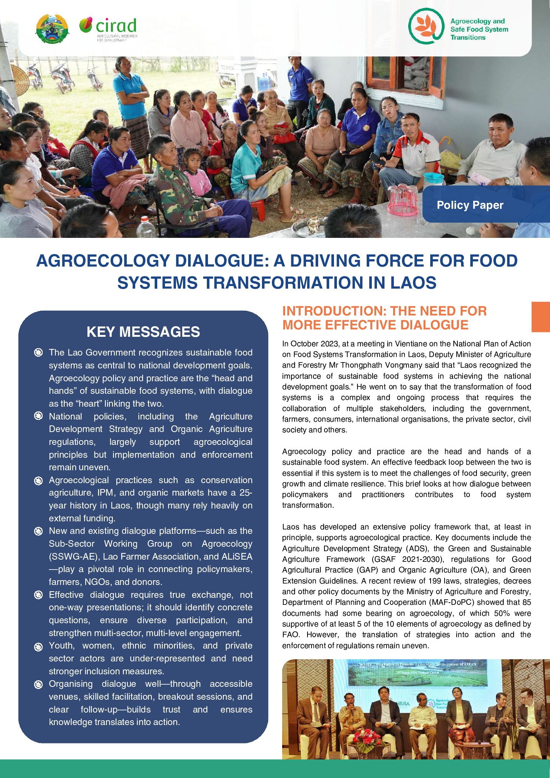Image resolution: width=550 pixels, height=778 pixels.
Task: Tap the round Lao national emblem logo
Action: coord(52,29)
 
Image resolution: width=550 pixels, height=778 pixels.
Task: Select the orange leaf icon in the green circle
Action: coord(425,26)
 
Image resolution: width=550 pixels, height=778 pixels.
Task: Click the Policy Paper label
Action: coord(470,205)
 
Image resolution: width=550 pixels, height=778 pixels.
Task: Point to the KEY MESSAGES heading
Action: coord(143,332)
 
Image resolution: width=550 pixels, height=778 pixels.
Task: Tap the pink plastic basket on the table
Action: coord(403,201)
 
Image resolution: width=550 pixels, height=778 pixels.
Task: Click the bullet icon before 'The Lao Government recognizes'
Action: coord(38,353)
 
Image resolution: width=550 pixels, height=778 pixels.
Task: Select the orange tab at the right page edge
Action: coord(540,317)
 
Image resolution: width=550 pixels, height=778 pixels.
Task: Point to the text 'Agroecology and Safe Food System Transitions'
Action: coord(479,29)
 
